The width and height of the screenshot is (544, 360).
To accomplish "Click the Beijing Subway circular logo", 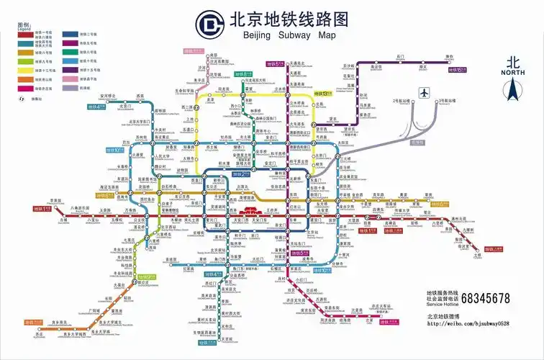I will (x=209, y=25).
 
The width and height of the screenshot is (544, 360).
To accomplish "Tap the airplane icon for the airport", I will (x=424, y=93).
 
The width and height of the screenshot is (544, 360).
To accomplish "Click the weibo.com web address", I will (x=468, y=323).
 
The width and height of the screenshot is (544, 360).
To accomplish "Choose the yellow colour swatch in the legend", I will (x=25, y=70).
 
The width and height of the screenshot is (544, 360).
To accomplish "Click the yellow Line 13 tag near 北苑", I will (x=322, y=94).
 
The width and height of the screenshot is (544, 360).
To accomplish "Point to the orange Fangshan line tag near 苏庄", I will (x=33, y=322).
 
